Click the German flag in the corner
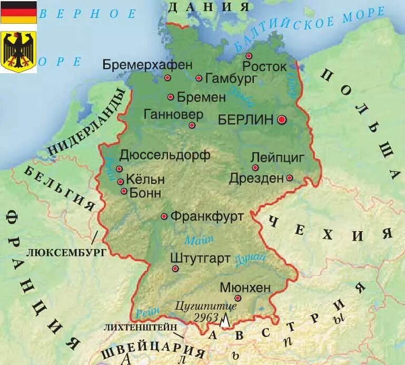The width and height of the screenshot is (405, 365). point(18,12)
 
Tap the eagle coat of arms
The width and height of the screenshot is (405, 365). point(18,51)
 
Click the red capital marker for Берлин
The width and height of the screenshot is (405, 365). point(282,120)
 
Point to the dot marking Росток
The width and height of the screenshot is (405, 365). point(249,56)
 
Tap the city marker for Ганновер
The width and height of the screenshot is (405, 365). point(192,125)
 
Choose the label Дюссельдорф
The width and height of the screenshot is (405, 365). point(165,155)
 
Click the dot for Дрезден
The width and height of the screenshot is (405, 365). point(289,178)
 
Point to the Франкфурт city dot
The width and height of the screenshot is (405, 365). point(164,216)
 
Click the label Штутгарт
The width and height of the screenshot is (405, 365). point(201,258)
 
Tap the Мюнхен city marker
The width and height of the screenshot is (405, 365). point(238,298)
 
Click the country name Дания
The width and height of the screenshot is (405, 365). point(209,6)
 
